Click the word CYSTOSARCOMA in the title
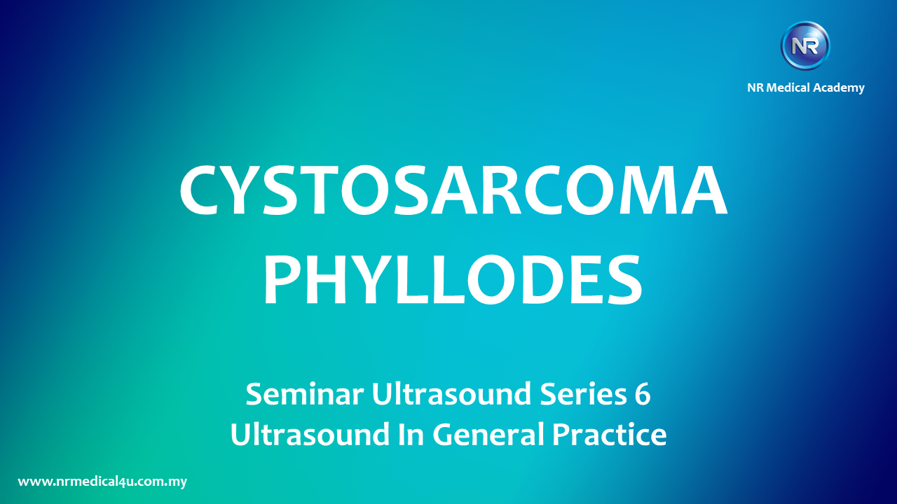(453, 190)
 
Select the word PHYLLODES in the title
(453, 279)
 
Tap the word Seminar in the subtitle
(305, 394)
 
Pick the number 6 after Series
(643, 394)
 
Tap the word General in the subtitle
(488, 435)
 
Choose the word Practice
(610, 435)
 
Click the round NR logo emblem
(805, 46)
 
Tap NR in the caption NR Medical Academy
(755, 87)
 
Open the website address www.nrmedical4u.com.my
(102, 482)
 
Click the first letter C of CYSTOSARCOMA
(200, 190)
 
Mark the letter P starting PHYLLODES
(281, 279)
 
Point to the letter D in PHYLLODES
(539, 279)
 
